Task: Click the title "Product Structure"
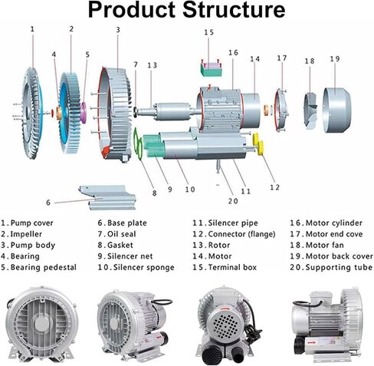187,10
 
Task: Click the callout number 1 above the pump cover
32,29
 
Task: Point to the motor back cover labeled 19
339,103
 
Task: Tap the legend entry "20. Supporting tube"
328,267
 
